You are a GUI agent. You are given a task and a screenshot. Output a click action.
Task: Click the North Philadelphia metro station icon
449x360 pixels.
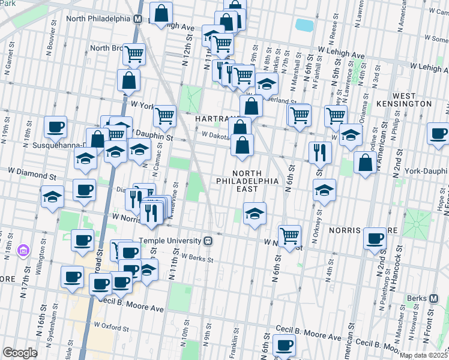(137, 19)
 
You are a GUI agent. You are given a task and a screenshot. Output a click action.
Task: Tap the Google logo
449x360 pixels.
(20, 353)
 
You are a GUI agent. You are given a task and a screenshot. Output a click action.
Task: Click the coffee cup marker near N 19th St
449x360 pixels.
(55, 127)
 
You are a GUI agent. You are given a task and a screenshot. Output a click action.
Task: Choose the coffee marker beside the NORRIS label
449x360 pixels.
(375, 238)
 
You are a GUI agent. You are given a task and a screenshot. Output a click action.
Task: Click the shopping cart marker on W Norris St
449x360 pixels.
(289, 235)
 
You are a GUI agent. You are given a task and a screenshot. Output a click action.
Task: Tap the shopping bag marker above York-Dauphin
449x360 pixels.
(365, 162)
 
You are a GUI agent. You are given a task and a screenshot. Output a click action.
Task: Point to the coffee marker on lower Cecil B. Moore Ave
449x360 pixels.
(284, 345)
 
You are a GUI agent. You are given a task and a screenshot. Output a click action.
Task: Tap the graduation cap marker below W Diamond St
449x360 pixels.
(52, 196)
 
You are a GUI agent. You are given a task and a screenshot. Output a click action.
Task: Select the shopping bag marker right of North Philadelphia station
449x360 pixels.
(161, 12)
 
